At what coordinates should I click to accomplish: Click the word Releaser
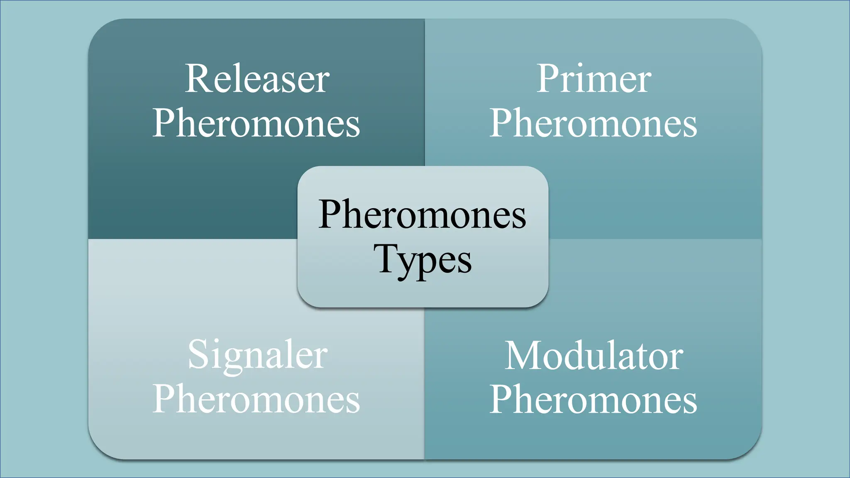click(257, 79)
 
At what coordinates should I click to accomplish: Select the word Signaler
click(257, 355)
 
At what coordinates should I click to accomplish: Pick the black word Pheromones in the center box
click(423, 215)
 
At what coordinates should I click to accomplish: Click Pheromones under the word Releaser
click(256, 123)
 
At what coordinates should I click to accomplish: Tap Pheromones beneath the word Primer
click(593, 123)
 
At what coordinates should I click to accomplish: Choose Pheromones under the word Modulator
click(593, 399)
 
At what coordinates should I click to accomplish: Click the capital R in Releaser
click(197, 79)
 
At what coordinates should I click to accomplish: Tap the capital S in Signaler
click(198, 354)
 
